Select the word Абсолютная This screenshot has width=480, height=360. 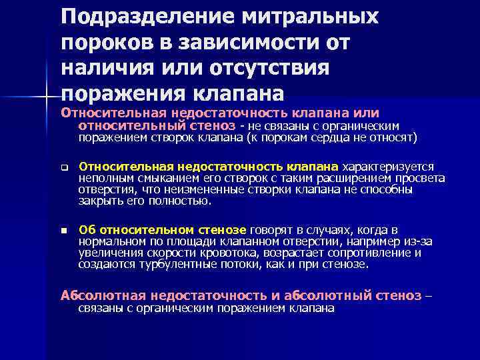pos(103,295)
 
